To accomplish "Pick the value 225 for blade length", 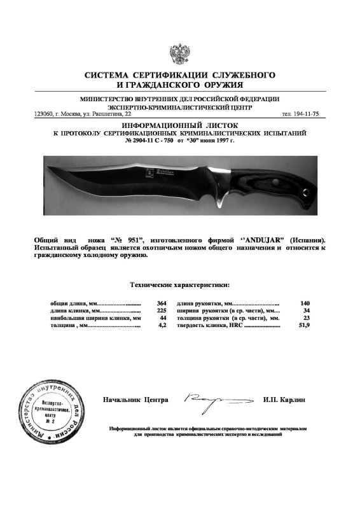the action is click(161, 310).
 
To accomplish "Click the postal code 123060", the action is click(44, 114).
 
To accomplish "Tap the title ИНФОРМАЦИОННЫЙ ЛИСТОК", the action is click(179, 126).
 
